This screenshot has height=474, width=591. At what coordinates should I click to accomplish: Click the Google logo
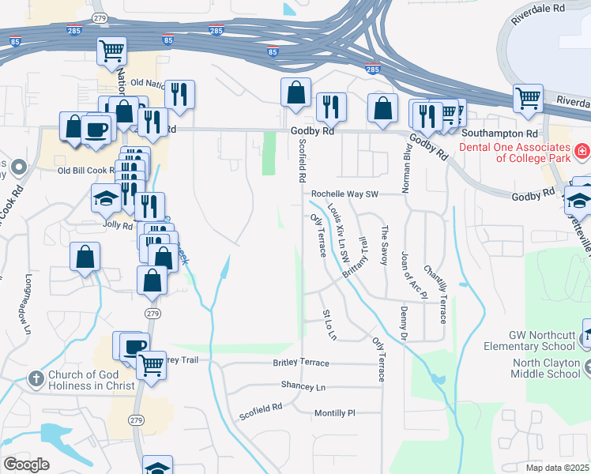coord(26,465)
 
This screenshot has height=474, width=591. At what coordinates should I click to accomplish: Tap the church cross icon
coord(36,379)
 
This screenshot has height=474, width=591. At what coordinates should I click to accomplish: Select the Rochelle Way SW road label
coord(345,194)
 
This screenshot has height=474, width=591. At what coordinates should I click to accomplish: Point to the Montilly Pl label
coord(335,412)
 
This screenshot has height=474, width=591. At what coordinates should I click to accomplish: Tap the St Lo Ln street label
coord(329,325)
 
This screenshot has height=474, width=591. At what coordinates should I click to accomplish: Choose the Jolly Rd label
coord(117,225)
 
